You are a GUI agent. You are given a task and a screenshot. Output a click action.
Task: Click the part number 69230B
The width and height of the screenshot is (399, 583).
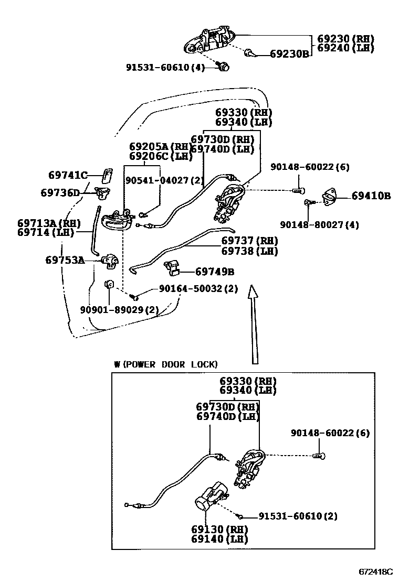[290, 53]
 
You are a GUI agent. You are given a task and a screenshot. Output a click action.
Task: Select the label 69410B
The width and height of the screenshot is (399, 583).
[371, 197]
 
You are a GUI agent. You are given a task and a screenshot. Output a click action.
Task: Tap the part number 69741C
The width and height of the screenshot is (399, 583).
[67, 176]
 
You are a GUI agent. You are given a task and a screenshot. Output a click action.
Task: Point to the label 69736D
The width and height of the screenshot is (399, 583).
[60, 193]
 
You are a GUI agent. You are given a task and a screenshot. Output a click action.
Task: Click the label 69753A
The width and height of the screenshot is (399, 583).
[65, 260]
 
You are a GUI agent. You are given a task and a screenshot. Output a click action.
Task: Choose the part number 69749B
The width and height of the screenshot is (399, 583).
[214, 272]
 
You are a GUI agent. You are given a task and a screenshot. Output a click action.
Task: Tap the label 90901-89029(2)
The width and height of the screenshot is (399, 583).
[119, 310]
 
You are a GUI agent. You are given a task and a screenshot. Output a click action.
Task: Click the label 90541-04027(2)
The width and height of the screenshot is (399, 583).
[164, 180]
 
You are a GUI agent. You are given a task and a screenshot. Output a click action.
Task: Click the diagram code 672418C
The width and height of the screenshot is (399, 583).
[376, 570]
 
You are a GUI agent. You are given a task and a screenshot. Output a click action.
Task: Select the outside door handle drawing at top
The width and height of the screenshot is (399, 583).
[209, 41]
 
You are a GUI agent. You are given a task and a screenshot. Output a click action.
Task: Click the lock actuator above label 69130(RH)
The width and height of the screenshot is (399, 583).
[211, 501]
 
